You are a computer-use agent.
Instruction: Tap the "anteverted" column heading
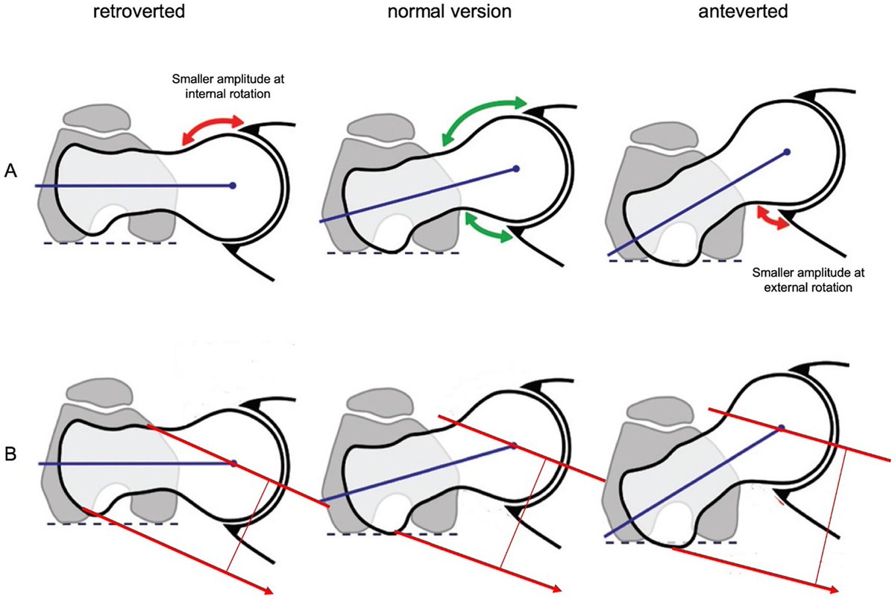pos(746,14)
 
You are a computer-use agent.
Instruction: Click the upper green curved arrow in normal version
pos(483,115)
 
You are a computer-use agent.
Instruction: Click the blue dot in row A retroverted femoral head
pos(233,186)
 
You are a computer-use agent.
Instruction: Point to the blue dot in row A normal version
pos(515,169)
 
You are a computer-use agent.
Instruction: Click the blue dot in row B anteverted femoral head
pos(781,428)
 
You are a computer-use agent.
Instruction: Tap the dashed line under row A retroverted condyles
pos(110,244)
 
